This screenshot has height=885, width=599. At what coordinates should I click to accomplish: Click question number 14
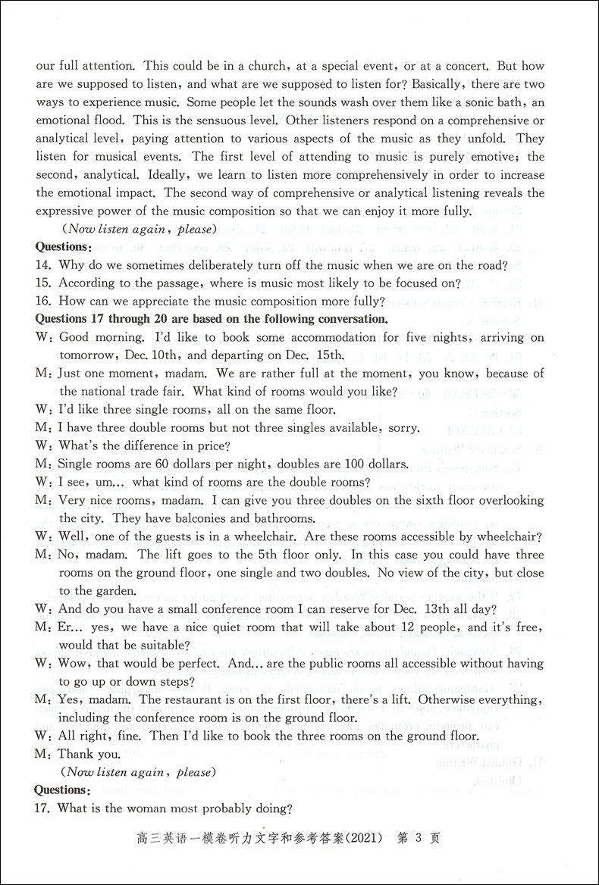click(43, 265)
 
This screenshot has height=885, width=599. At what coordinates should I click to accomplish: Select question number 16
click(43, 302)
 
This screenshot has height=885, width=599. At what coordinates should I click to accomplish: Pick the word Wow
click(74, 663)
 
